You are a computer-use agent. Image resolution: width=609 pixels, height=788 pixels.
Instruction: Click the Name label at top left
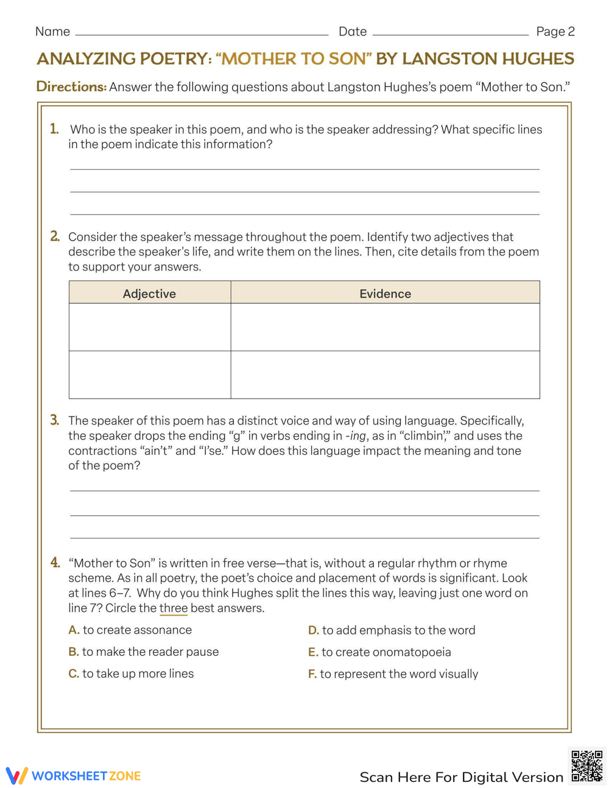[x=52, y=32]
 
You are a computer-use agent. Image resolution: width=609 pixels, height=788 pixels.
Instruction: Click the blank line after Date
[x=450, y=34]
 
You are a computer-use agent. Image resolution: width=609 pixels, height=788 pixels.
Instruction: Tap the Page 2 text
[x=555, y=32]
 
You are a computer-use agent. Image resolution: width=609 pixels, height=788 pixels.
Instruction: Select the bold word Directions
[x=71, y=86]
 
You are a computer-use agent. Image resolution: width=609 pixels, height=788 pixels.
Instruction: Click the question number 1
[x=54, y=129]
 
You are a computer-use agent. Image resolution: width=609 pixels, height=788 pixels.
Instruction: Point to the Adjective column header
[x=149, y=294]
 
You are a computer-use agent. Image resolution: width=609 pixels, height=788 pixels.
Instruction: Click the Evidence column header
[x=385, y=294]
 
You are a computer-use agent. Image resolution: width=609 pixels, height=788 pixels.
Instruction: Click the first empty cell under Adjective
[x=150, y=327]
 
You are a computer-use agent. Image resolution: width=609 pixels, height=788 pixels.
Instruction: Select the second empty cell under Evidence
[x=385, y=375]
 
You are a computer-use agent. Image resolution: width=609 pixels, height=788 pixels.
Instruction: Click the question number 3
[x=54, y=420]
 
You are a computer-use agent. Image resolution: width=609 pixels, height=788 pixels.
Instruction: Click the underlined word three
[x=173, y=608]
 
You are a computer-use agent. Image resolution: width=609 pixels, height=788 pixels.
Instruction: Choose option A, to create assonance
[x=130, y=630]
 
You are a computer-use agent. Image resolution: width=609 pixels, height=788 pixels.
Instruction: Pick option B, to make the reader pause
[x=144, y=652]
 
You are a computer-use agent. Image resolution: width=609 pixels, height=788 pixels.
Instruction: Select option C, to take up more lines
[x=132, y=674]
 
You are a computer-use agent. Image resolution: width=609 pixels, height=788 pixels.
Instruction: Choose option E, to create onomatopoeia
[x=380, y=652]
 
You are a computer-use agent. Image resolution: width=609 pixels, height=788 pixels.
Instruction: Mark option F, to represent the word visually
[x=393, y=674]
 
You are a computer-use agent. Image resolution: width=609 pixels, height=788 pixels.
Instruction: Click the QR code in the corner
[x=586, y=765]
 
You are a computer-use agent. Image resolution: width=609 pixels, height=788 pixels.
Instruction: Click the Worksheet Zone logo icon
[x=17, y=776]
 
